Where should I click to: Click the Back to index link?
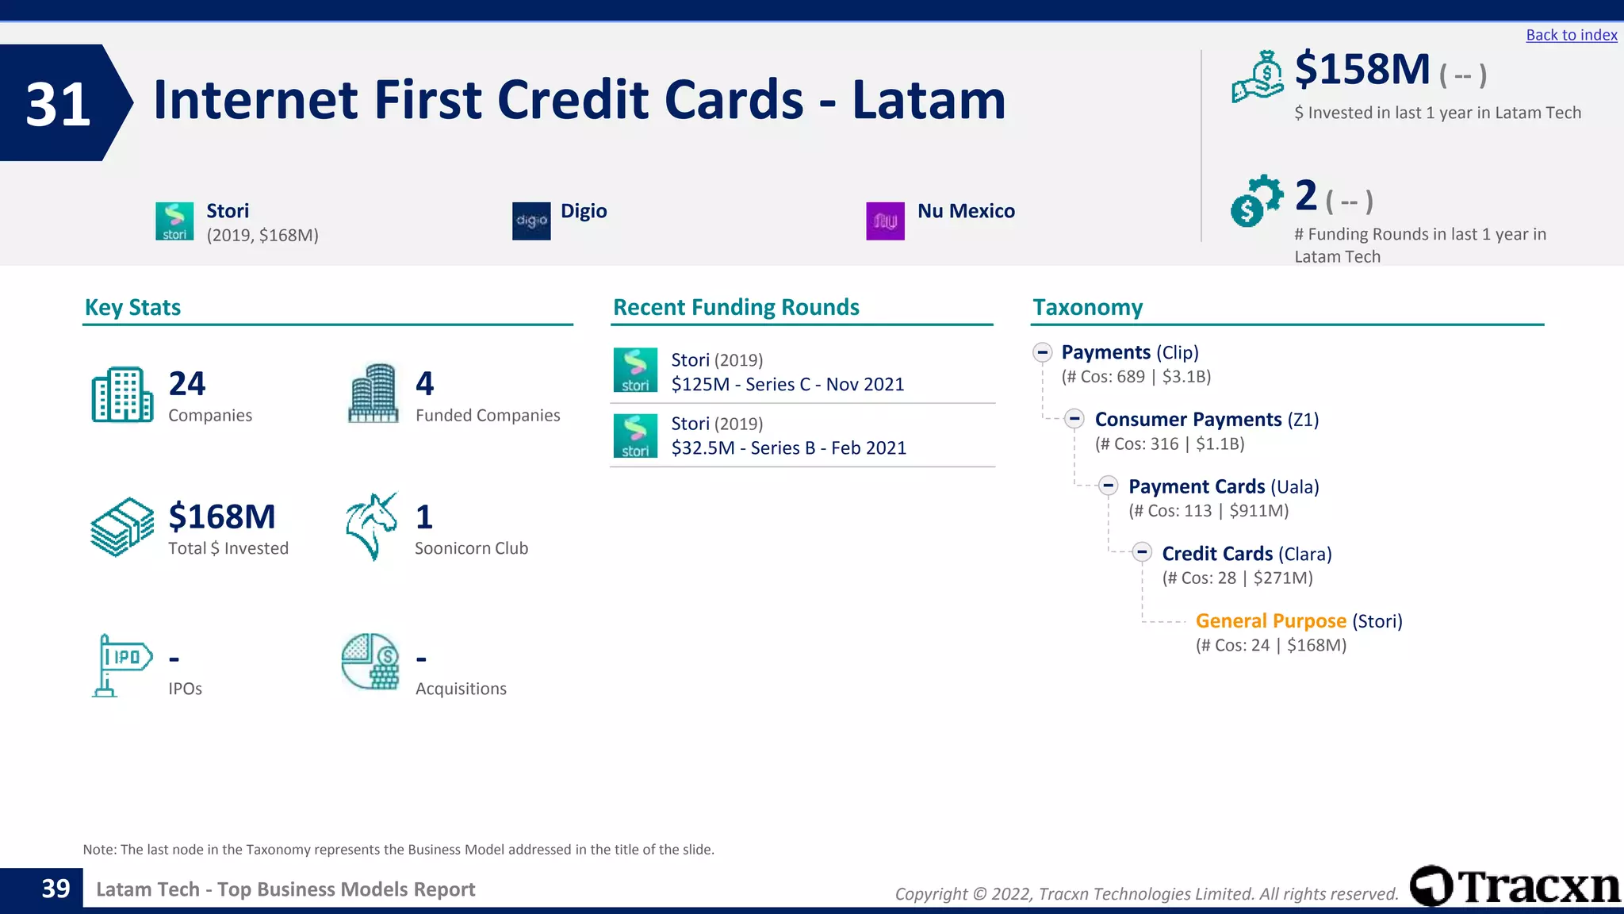[1571, 35]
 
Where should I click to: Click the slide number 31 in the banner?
[57, 104]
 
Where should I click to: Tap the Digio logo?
[531, 221]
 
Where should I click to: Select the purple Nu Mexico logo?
[885, 221]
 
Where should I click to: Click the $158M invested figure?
[1362, 70]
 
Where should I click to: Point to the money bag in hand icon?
[1257, 77]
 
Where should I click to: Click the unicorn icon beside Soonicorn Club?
[371, 526]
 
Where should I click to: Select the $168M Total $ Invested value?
[222, 517]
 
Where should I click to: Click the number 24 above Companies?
[187, 384]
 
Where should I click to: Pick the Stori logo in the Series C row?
[635, 370]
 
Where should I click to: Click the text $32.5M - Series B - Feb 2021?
[788, 447]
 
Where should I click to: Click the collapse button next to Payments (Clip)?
[1042, 352]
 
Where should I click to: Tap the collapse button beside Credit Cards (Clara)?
[1142, 552]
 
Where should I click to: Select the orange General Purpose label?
[1270, 620]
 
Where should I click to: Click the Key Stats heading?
[132, 307]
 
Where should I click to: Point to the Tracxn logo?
[1515, 886]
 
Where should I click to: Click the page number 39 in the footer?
[56, 889]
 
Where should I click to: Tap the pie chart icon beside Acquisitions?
[370, 661]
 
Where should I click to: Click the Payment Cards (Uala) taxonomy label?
[1223, 486]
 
